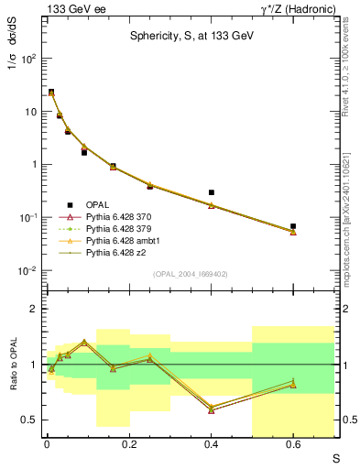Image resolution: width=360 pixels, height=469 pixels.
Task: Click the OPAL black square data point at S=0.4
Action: click(212, 192)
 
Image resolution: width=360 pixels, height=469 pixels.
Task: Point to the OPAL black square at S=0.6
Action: click(293, 225)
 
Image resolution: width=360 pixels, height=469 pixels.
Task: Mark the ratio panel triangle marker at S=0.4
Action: click(212, 409)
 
